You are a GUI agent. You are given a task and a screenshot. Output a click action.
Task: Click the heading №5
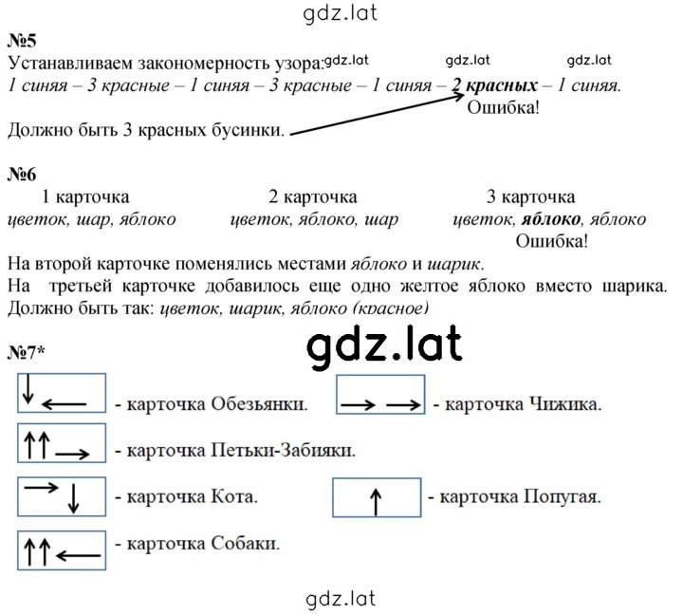[22, 41]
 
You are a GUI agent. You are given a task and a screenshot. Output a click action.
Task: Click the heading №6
[22, 175]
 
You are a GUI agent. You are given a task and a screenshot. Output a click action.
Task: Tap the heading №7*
[27, 352]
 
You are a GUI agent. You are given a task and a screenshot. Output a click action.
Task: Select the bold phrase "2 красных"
[494, 85]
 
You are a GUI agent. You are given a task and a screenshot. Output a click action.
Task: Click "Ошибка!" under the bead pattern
[503, 107]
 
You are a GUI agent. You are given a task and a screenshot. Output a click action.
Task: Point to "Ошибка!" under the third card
[551, 241]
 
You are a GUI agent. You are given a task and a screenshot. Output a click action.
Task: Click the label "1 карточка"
[85, 197]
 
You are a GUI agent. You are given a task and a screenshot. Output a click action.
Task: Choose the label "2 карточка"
[313, 197]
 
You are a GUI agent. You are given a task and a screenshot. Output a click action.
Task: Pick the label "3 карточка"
[531, 197]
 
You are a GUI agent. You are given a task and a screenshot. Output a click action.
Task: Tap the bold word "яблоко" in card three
[551, 219]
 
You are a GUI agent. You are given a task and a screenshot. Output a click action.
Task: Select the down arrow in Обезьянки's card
[28, 389]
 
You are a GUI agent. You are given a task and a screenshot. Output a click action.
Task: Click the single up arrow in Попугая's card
[376, 502]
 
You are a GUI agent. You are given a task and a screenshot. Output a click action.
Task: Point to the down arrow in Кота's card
[73, 498]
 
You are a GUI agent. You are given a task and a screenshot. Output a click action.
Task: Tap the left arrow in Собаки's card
[79, 555]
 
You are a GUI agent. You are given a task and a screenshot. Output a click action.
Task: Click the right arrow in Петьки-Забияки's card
[72, 455]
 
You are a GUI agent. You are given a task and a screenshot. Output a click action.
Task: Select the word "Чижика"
[565, 404]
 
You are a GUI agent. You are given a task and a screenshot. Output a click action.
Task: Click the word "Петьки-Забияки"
[283, 450]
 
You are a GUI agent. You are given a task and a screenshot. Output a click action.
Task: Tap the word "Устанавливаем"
[70, 64]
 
